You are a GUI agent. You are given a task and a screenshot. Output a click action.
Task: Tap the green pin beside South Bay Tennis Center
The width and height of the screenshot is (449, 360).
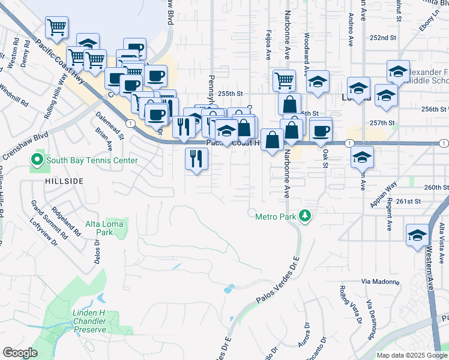(37, 160)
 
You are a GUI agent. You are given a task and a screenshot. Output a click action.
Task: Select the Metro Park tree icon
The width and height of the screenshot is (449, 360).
(305, 215)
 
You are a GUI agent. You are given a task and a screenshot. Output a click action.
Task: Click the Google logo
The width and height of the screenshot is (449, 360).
(20, 353)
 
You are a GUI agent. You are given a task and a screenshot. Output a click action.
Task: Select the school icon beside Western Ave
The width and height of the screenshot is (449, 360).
(417, 235)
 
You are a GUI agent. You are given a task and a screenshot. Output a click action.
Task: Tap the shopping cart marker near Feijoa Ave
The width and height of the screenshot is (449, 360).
(284, 79)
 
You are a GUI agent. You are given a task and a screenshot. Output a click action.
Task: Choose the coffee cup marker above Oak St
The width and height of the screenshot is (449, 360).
(321, 130)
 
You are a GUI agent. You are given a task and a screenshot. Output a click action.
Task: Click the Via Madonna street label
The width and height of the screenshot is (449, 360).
(380, 281)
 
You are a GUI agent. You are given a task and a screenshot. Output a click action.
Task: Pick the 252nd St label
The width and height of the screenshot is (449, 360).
(384, 37)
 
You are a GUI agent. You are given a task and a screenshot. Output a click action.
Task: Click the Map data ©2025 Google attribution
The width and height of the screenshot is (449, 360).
(412, 355)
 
